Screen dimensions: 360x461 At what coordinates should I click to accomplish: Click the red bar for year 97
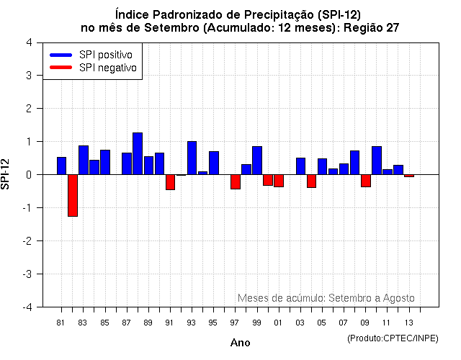pos(236,181)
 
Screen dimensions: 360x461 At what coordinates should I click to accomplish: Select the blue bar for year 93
pos(192,158)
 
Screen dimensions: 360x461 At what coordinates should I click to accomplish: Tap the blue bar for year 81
pos(61,166)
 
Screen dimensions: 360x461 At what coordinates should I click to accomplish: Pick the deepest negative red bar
pos(73,195)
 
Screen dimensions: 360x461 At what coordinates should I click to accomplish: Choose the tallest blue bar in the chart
pos(138,153)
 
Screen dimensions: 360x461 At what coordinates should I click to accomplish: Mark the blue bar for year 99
pos(257,160)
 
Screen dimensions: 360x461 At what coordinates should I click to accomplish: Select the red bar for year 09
pos(366,181)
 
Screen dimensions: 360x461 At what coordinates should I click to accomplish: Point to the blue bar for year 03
pos(300,166)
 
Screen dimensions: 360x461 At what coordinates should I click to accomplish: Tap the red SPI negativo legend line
pos(61,68)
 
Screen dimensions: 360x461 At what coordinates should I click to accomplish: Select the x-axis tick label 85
pos(104,323)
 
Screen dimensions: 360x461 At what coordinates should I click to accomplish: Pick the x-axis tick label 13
pos(408,323)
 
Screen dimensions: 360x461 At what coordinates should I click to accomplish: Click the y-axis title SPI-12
pos(7,175)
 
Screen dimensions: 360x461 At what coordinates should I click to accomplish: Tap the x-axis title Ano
pos(240,343)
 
